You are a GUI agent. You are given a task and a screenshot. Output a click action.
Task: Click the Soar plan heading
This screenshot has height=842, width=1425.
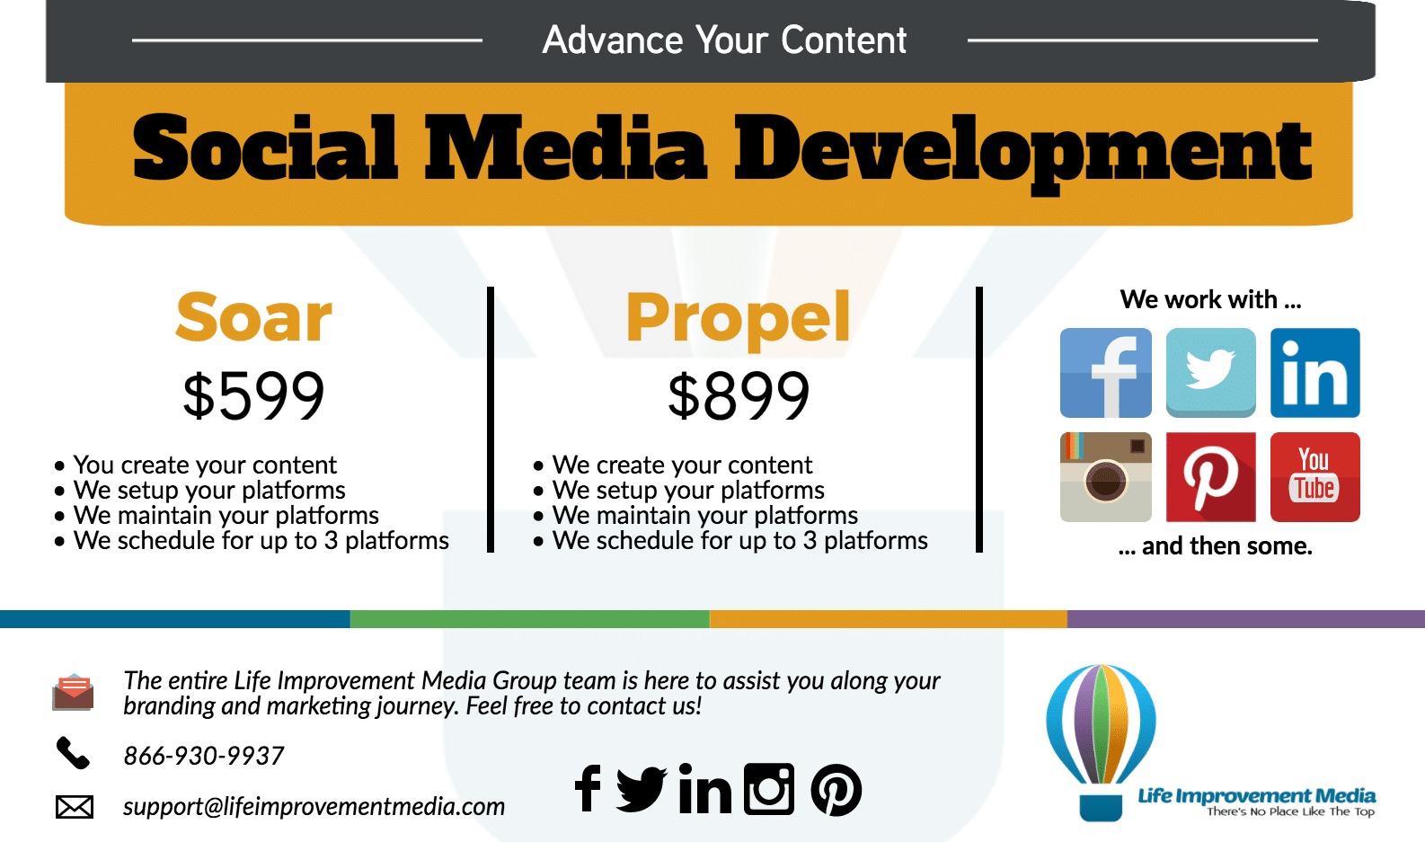tap(254, 317)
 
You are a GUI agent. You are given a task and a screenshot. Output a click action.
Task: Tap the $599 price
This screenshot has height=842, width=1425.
tap(253, 396)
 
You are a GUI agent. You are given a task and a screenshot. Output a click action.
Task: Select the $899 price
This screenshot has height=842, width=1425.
tap(739, 396)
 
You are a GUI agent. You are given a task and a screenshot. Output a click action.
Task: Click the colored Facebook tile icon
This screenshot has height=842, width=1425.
tap(1106, 373)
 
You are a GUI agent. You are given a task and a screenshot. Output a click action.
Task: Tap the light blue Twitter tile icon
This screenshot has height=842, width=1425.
tap(1210, 373)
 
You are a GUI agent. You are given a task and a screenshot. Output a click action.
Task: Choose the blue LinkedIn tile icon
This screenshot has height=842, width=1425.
tap(1315, 373)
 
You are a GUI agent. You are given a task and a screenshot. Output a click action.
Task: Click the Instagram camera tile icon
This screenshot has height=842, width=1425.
tap(1106, 477)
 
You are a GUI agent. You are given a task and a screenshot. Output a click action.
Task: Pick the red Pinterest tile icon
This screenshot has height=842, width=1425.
tap(1210, 477)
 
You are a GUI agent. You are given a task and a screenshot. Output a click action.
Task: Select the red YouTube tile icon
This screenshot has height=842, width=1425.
tap(1315, 477)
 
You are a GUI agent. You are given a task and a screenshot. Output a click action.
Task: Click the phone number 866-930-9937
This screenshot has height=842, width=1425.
tap(204, 756)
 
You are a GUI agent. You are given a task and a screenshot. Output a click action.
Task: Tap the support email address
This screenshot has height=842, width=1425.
tap(314, 807)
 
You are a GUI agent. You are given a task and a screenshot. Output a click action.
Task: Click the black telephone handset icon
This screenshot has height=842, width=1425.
tap(73, 754)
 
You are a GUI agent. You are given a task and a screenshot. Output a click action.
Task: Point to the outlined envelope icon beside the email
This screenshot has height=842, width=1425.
tap(75, 807)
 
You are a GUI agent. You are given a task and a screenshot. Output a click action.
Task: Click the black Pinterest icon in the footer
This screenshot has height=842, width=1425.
tap(836, 790)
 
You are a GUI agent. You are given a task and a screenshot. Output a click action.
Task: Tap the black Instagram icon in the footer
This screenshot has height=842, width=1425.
tap(769, 789)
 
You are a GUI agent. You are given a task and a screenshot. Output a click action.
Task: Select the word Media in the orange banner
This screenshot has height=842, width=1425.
tap(565, 148)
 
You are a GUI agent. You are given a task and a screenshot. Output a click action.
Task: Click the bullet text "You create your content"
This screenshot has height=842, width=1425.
tap(205, 465)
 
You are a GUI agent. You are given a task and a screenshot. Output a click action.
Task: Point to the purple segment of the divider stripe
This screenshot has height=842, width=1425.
tap(1245, 619)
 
